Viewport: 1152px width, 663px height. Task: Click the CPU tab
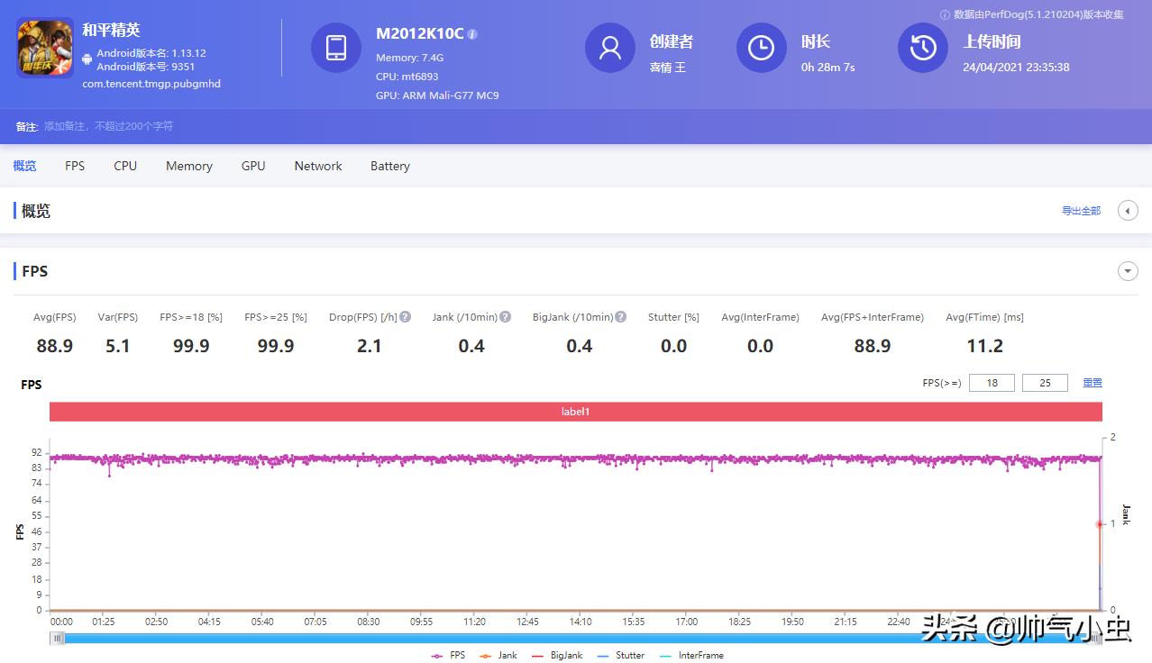click(x=125, y=166)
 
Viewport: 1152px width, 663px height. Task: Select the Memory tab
click(x=188, y=166)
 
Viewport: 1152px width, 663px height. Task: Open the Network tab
click(x=318, y=166)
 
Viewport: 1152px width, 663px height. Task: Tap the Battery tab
click(x=389, y=166)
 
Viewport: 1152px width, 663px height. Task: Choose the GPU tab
click(x=253, y=166)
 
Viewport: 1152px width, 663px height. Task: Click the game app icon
click(x=45, y=48)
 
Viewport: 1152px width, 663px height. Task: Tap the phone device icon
click(x=336, y=48)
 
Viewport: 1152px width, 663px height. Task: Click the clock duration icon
click(x=761, y=48)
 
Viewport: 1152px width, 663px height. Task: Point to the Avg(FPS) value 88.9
click(x=55, y=346)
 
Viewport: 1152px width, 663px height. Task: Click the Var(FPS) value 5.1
click(x=118, y=346)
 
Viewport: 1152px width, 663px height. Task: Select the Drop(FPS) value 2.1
click(x=370, y=346)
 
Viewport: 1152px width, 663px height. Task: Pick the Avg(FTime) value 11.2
click(x=984, y=346)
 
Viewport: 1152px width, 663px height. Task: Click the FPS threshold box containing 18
click(x=992, y=383)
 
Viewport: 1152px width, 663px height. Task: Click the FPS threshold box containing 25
click(x=1045, y=383)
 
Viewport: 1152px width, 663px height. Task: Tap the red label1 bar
click(x=576, y=412)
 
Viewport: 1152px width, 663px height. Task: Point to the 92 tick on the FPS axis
click(x=37, y=452)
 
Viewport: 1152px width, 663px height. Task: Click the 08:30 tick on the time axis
click(x=369, y=622)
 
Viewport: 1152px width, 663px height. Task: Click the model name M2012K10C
click(x=419, y=33)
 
